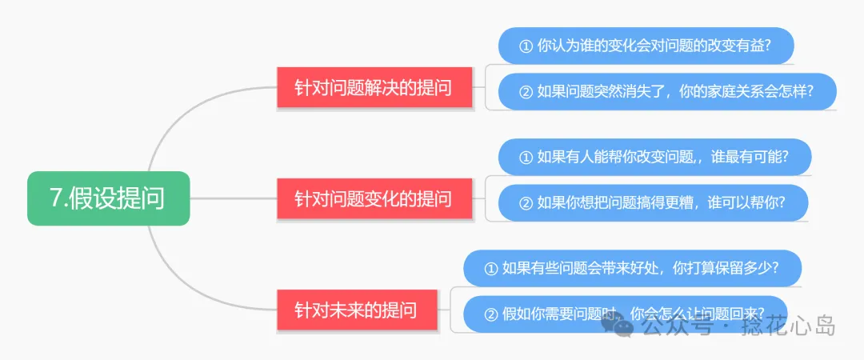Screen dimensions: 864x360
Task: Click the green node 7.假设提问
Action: [108, 198]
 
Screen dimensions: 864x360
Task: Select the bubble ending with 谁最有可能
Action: [654, 157]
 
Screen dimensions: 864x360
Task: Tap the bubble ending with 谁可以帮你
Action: [652, 203]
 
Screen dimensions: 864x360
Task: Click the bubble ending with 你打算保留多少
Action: [631, 268]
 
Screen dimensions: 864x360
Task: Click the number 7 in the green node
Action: [57, 198]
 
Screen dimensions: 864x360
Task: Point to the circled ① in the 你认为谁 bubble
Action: [526, 46]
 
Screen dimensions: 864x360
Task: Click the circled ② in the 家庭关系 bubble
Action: [526, 92]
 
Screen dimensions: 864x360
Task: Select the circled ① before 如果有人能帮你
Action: [526, 158]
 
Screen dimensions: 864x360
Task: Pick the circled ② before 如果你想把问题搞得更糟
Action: [526, 204]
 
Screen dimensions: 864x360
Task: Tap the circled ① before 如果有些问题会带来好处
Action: [491, 269]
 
